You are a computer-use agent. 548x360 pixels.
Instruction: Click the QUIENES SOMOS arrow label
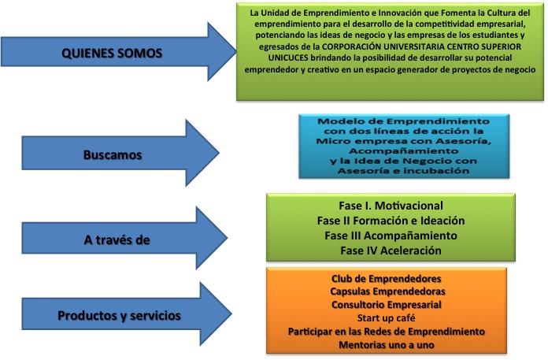pyautogui.click(x=112, y=53)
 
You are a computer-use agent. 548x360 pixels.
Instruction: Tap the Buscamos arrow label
pyautogui.click(x=113, y=155)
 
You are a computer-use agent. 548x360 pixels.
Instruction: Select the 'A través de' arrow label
pyautogui.click(x=117, y=240)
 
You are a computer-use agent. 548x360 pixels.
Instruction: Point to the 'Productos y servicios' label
pyautogui.click(x=119, y=316)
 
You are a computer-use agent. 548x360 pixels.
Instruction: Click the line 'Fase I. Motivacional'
pyautogui.click(x=391, y=206)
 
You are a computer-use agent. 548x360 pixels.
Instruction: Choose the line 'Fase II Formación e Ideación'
pyautogui.click(x=391, y=221)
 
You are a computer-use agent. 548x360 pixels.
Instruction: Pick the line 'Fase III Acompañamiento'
pyautogui.click(x=391, y=236)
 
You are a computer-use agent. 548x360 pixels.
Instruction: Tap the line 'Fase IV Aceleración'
pyautogui.click(x=391, y=251)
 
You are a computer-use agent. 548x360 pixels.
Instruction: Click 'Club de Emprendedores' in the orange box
pyautogui.click(x=386, y=279)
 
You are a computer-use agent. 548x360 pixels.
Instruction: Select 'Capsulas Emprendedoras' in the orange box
pyautogui.click(x=387, y=291)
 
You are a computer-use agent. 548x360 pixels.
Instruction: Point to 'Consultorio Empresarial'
pyautogui.click(x=386, y=305)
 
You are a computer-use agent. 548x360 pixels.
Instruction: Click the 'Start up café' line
pyautogui.click(x=386, y=318)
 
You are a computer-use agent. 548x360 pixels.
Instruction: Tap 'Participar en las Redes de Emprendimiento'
pyautogui.click(x=386, y=332)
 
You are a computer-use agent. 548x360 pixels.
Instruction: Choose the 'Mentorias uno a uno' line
pyautogui.click(x=386, y=345)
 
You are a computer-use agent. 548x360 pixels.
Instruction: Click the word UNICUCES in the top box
pyautogui.click(x=288, y=58)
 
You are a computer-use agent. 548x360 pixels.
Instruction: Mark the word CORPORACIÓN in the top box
pyautogui.click(x=352, y=46)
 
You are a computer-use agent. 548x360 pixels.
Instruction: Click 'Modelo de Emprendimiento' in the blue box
pyautogui.click(x=404, y=121)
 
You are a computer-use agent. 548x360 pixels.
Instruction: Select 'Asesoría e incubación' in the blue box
pyautogui.click(x=404, y=171)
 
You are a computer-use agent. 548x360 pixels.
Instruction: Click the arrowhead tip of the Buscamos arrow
pyautogui.click(x=219, y=153)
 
